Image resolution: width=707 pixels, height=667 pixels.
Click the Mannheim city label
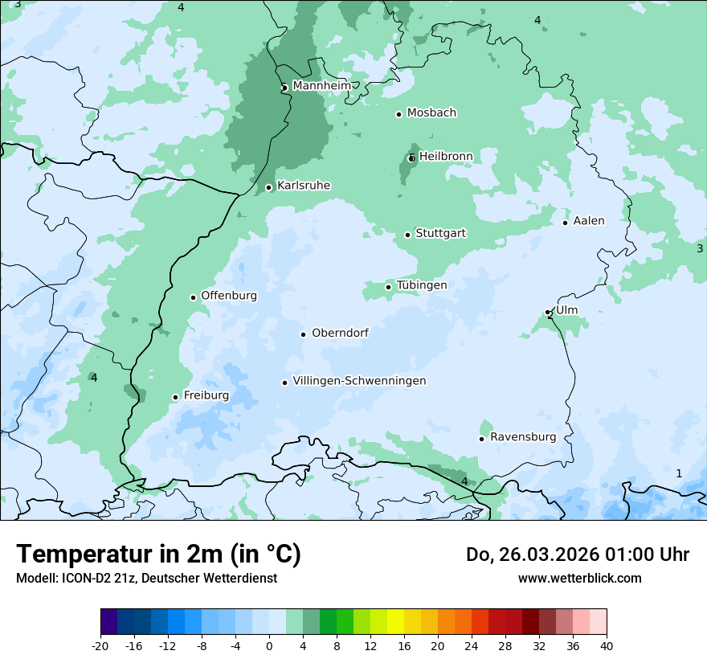(x=321, y=86)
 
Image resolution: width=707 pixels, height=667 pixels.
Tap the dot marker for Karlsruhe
(x=269, y=187)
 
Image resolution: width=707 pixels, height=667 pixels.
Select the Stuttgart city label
(x=440, y=234)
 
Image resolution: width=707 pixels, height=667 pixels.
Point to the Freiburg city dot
(x=175, y=397)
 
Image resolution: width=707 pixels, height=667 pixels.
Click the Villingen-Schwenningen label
(x=359, y=381)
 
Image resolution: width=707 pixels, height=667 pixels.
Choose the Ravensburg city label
(x=523, y=437)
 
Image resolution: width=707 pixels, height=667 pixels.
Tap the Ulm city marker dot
(x=548, y=312)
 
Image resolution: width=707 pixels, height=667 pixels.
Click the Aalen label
(x=589, y=221)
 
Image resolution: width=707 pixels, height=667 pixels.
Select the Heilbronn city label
(x=446, y=156)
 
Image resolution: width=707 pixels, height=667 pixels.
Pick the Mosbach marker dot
(x=398, y=114)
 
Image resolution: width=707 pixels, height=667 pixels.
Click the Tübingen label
(x=422, y=285)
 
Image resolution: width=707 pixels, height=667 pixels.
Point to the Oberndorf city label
(x=340, y=333)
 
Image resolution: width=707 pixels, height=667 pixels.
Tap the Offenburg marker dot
(x=193, y=297)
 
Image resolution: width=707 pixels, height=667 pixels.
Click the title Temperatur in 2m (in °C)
(x=158, y=554)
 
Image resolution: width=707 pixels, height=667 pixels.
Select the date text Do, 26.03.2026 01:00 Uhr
(x=577, y=554)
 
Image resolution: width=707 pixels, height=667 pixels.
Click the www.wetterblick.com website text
(x=579, y=578)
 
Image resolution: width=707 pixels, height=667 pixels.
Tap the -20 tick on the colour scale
(x=100, y=645)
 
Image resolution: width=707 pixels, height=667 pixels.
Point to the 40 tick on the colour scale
(x=606, y=645)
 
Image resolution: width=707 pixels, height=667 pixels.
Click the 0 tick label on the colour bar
(x=269, y=645)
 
